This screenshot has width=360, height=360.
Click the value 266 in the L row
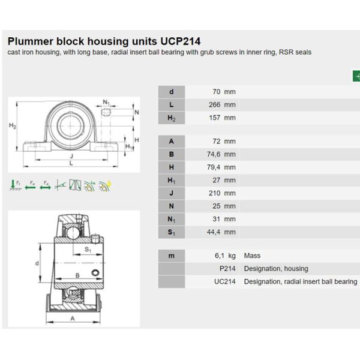point(214,104)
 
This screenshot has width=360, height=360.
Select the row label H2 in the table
point(172,118)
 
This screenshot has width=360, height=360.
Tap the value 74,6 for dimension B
point(211,154)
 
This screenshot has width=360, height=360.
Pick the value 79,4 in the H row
point(211,167)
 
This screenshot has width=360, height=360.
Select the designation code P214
point(227,269)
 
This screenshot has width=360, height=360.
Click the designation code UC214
point(225,281)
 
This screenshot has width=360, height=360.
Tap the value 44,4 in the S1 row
point(211,232)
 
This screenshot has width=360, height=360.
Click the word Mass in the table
point(253,256)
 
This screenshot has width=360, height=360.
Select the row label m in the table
point(172,256)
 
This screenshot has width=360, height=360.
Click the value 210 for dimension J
point(214,193)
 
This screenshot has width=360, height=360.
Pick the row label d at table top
point(172,92)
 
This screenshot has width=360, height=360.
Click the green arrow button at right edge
point(356,76)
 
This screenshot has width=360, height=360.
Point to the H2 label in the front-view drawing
point(13,126)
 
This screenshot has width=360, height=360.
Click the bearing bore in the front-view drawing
point(71,127)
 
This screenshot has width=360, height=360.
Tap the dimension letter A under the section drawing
point(73,319)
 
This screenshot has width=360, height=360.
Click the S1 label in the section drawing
point(88,250)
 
